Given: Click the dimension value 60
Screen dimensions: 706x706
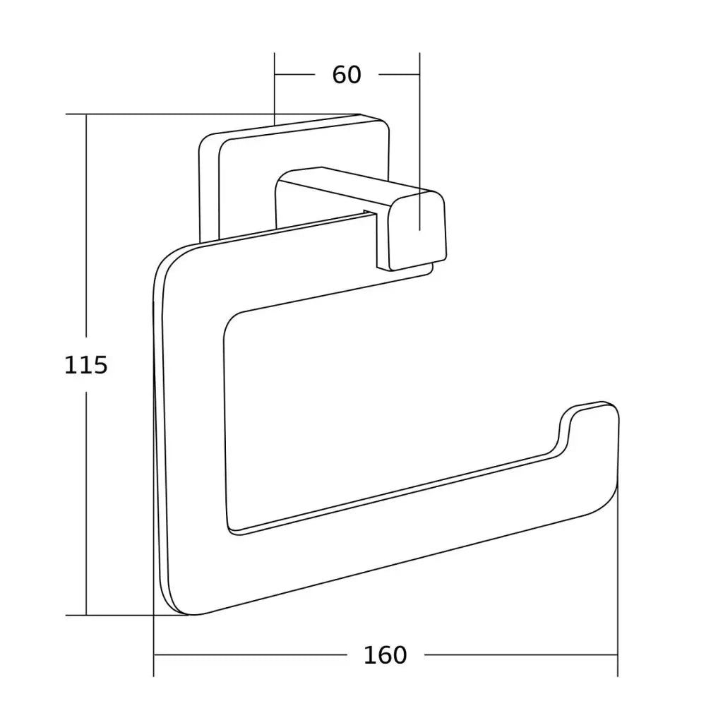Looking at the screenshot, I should tap(347, 74).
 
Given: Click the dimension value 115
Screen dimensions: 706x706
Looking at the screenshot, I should tap(85, 365).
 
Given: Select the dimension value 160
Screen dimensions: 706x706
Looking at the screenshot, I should tap(385, 654).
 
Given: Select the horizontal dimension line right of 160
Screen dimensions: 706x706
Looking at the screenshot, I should tap(522, 654).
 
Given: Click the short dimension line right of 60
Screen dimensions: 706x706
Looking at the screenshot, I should tap(400, 74).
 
